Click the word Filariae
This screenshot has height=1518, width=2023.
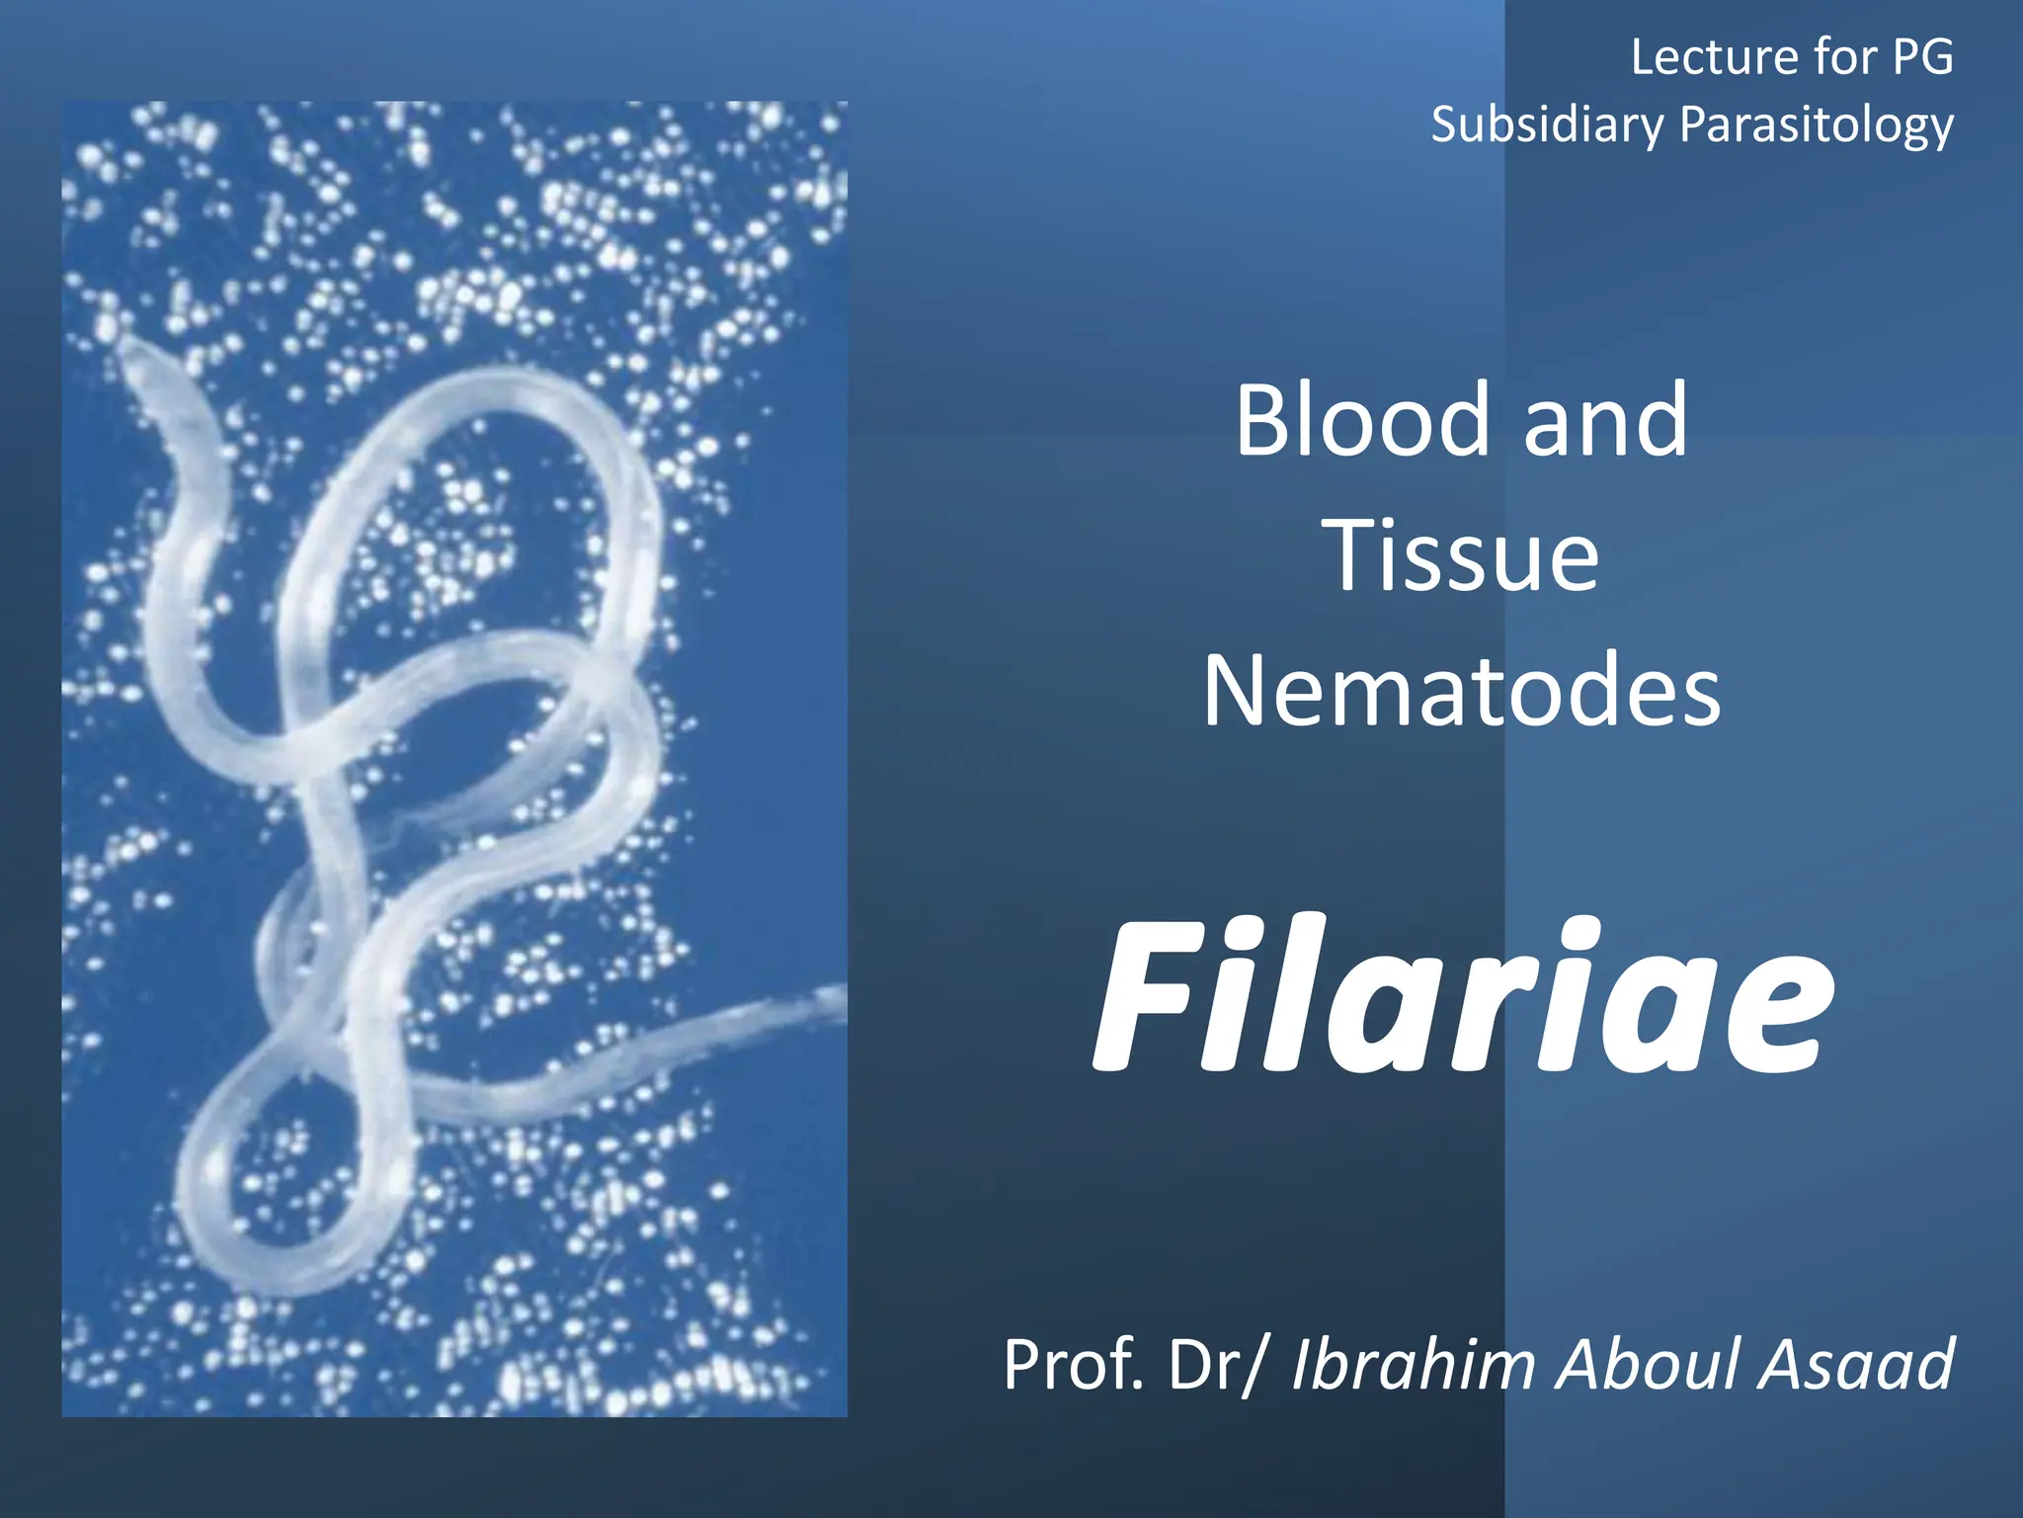(x=1462, y=998)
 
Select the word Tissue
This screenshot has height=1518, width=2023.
(x=1465, y=556)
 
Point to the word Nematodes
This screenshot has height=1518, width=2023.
(x=1462, y=692)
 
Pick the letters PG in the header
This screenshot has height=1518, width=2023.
(x=1922, y=56)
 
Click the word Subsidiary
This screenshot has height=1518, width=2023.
(x=1547, y=126)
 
